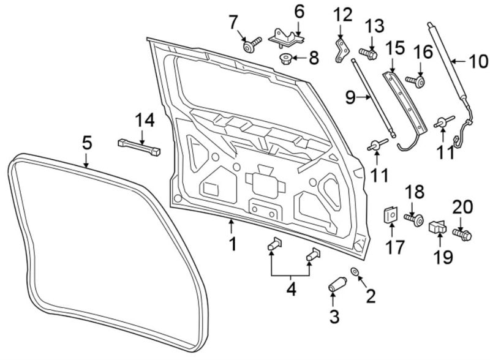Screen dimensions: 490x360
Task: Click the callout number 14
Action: point(145,121)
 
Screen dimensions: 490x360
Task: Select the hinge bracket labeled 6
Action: point(287,38)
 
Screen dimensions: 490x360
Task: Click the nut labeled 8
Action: point(285,59)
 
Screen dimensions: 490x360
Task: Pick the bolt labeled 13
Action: point(368,54)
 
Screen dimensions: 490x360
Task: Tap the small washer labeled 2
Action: point(355,271)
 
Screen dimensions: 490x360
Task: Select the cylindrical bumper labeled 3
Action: point(337,283)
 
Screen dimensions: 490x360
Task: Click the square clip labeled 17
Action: point(390,215)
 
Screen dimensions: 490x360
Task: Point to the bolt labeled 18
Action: point(414,219)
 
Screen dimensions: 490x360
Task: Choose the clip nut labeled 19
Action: point(437,227)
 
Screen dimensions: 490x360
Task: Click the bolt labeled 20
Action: point(462,234)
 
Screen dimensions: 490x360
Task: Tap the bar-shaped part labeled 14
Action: point(139,147)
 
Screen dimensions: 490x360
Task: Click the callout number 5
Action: point(87,143)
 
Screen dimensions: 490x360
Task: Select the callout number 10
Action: point(478,62)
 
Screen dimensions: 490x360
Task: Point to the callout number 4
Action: point(291,290)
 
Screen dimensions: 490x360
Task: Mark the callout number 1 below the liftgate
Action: point(233,244)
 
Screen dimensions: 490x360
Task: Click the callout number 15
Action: point(395,48)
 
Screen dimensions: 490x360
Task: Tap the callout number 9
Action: point(350,98)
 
